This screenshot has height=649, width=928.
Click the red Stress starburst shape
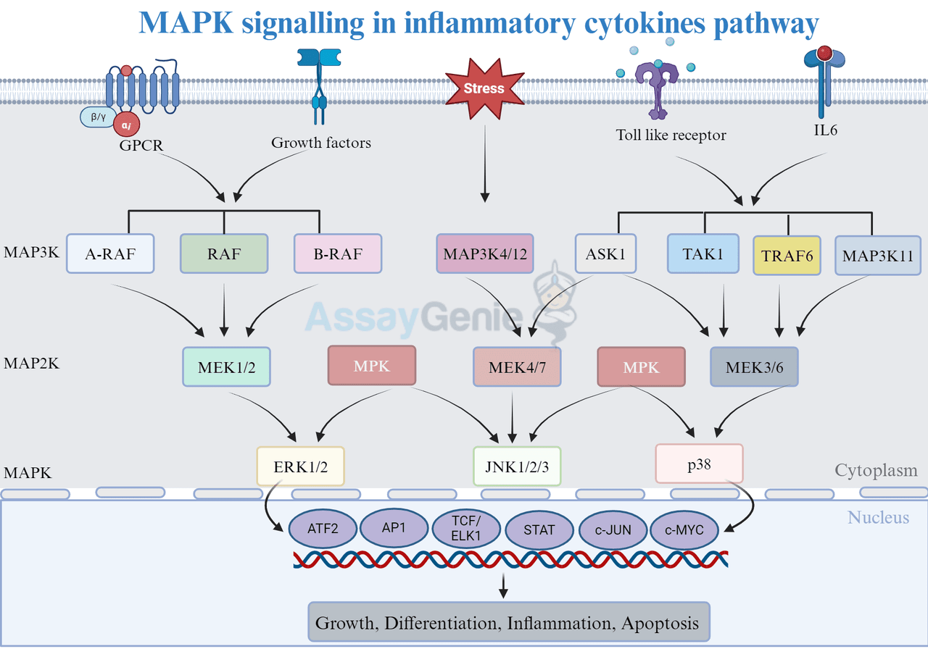point(484,89)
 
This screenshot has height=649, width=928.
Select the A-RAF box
point(110,253)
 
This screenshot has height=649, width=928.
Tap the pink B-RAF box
point(337,253)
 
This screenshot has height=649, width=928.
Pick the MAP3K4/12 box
point(485,254)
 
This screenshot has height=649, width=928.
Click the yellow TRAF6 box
point(787,256)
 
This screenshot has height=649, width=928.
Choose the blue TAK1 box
point(703,254)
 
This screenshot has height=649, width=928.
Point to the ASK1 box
point(605,254)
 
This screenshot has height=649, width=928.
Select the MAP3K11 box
point(877,256)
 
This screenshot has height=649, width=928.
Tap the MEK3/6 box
point(754,367)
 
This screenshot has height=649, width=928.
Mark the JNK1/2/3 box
point(517,465)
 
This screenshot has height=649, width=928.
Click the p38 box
point(699,464)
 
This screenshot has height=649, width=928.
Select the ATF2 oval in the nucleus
point(323,529)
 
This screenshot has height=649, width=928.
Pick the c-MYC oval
point(685,529)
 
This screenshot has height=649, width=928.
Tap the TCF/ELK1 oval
point(467,529)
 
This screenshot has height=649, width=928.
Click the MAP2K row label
point(31,363)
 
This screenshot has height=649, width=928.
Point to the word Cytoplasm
point(876,471)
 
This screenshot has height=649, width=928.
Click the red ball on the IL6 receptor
point(824,53)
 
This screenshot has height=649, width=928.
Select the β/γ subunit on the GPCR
point(99,116)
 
